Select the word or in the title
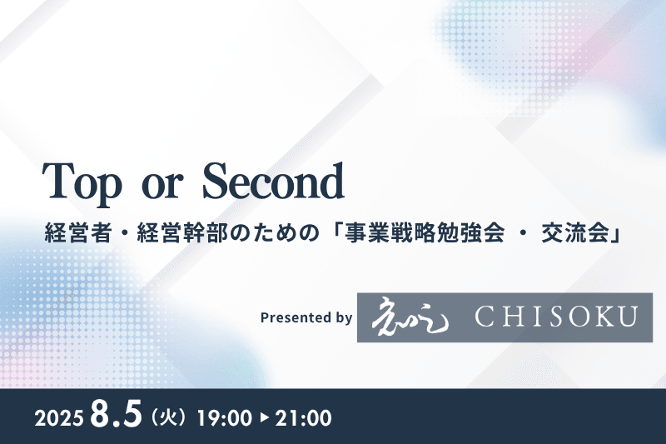coord(162,185)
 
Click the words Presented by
coord(306,317)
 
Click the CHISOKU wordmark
coord(556,317)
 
